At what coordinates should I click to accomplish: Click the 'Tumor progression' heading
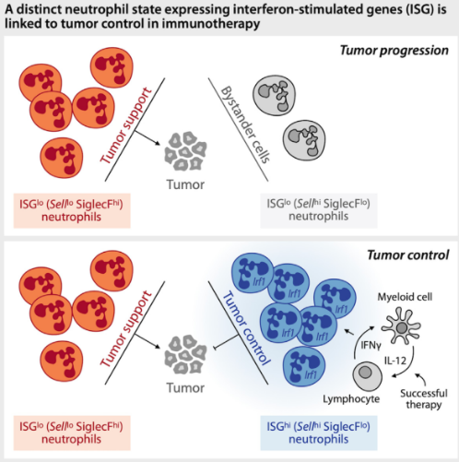click(x=394, y=51)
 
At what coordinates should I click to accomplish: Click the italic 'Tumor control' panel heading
click(x=408, y=255)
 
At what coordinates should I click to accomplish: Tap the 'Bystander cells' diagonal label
click(x=245, y=124)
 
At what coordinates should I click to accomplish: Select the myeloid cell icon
click(x=401, y=327)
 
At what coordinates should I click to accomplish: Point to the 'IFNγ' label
click(x=371, y=345)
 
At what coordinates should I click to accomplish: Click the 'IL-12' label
click(x=395, y=361)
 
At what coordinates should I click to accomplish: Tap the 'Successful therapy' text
click(x=424, y=398)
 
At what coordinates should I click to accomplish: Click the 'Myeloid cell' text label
click(x=405, y=297)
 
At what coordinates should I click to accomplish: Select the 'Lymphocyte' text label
click(x=351, y=399)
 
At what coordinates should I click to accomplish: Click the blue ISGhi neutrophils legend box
click(x=319, y=432)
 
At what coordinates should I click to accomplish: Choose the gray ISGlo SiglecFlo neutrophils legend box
click(x=319, y=210)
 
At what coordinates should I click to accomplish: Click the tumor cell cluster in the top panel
click(x=185, y=151)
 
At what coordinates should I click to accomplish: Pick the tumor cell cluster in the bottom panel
click(x=185, y=355)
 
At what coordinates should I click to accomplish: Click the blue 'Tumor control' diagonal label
click(x=246, y=328)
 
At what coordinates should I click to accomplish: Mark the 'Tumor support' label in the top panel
click(x=125, y=125)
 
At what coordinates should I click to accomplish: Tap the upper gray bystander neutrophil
click(x=274, y=93)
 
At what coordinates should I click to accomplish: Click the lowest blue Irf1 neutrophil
click(x=304, y=365)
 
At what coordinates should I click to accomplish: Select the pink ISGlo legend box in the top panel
click(x=72, y=210)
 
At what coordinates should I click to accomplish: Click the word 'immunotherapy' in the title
click(x=211, y=23)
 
